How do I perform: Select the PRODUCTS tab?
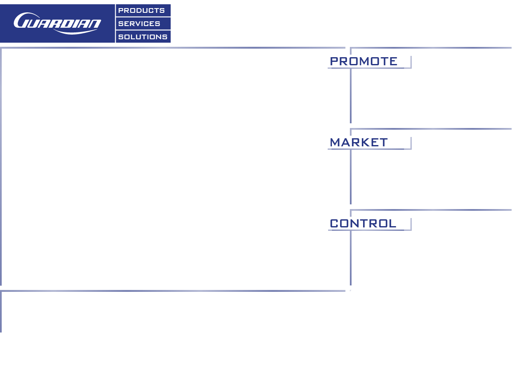point(143,10)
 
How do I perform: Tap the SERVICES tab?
point(143,23)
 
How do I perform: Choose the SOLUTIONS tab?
point(143,37)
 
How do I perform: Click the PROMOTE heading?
point(364,61)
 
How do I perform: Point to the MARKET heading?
point(359,143)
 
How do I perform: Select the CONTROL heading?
point(363,224)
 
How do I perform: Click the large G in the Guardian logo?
point(23,20)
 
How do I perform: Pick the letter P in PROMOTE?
point(334,61)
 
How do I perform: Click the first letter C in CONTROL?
point(334,224)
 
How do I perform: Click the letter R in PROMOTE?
point(343,61)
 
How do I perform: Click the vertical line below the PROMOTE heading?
point(351,96)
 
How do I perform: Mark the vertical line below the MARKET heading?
point(351,177)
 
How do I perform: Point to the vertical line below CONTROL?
point(351,258)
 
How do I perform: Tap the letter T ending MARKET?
point(384,143)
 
